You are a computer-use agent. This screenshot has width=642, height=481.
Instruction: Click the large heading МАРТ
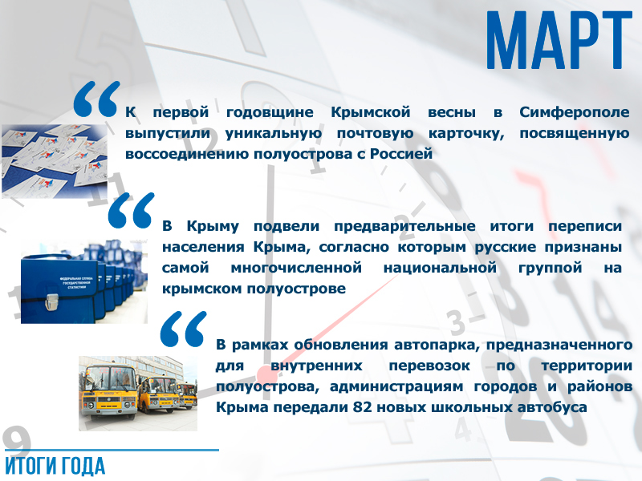click(x=559, y=40)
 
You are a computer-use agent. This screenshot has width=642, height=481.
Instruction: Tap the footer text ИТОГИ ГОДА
click(x=55, y=467)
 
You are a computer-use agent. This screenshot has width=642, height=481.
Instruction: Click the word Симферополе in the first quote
click(x=575, y=112)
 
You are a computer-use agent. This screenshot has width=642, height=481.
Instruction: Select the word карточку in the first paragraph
click(x=466, y=133)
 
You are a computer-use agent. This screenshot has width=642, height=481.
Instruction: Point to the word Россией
click(x=401, y=154)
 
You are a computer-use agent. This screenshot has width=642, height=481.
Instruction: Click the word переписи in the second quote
click(x=585, y=226)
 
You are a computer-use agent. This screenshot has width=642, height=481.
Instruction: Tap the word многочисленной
click(x=296, y=268)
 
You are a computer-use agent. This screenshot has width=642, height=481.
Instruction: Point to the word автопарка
click(x=437, y=345)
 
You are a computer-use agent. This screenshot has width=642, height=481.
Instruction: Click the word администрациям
click(x=396, y=386)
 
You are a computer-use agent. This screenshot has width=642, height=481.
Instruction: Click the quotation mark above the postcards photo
click(x=97, y=99)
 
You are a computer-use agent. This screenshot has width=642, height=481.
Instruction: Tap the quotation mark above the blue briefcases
click(x=131, y=210)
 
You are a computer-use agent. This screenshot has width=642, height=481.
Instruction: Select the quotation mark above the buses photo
click(x=184, y=329)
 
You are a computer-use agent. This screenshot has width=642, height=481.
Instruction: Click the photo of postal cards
click(x=55, y=161)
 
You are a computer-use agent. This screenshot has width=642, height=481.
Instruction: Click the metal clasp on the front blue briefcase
click(x=51, y=302)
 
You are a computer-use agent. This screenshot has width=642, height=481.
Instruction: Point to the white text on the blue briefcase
click(x=76, y=283)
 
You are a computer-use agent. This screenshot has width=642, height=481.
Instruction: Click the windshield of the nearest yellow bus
click(x=109, y=378)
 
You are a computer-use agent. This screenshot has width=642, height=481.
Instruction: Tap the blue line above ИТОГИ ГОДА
click(x=112, y=451)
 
